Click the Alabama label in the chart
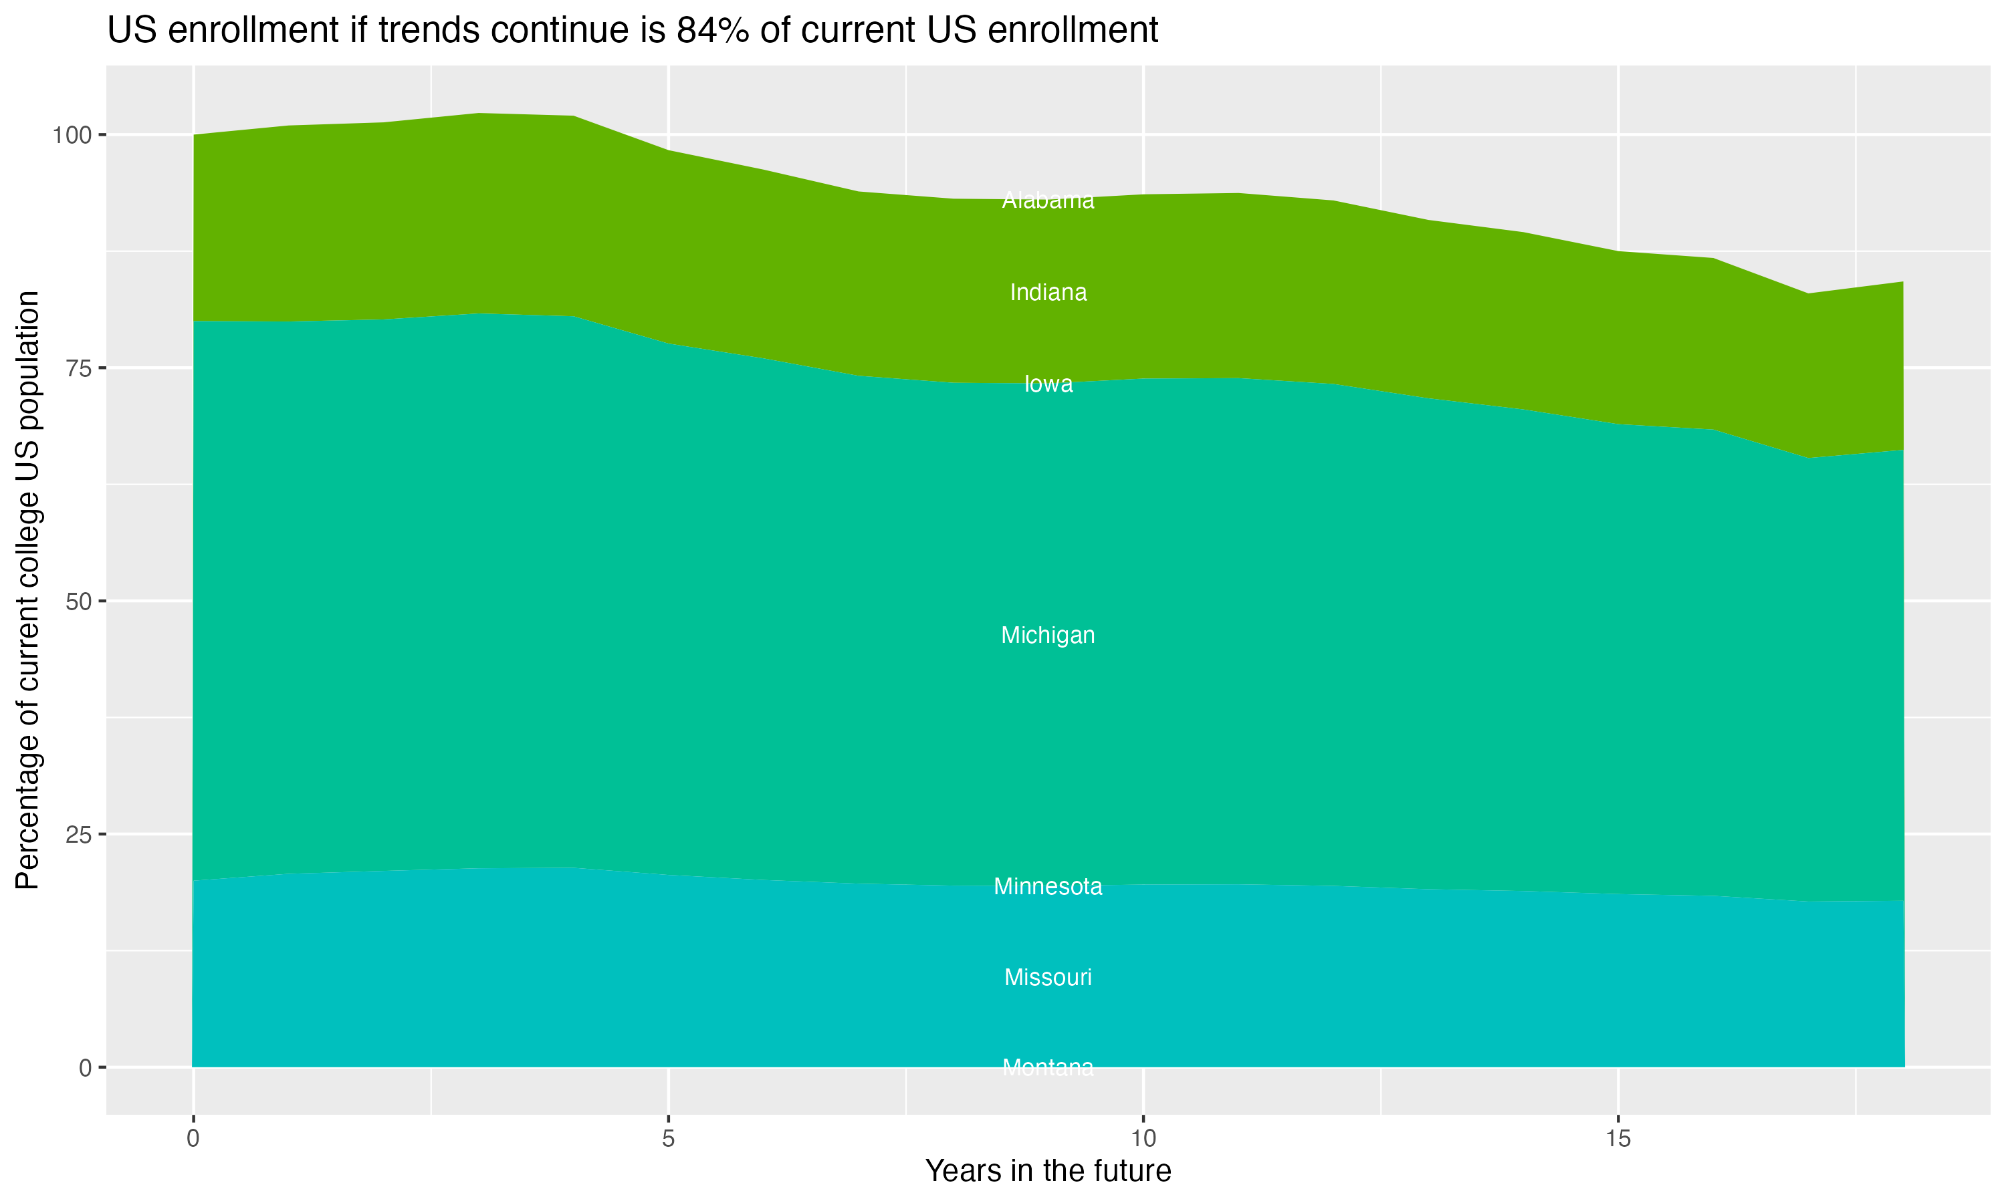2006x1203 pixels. (1048, 200)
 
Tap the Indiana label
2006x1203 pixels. (1048, 293)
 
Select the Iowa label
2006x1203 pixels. (1048, 384)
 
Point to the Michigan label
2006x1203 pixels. (1048, 636)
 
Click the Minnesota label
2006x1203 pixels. (1048, 887)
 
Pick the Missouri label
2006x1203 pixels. (1048, 978)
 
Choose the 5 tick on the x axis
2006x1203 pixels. (668, 1139)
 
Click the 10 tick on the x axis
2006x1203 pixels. (1143, 1139)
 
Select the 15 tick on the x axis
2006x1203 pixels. (1618, 1139)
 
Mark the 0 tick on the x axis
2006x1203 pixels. (193, 1139)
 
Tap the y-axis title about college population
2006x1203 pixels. (27, 590)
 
